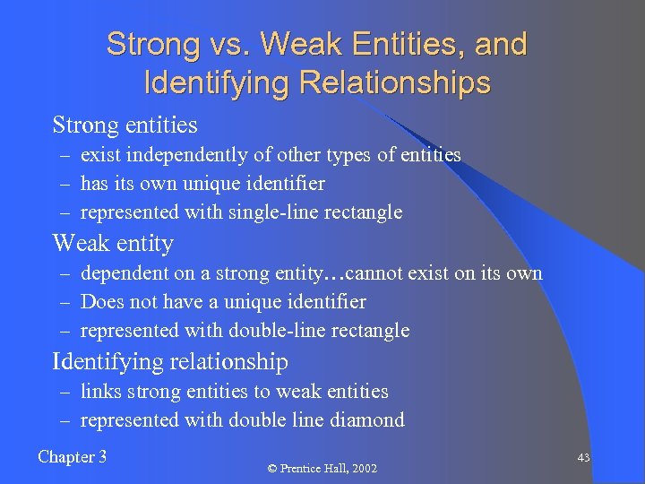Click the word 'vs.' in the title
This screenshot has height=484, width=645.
point(230,44)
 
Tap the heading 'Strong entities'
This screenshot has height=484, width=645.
point(125,124)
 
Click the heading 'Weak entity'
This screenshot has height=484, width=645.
point(113,243)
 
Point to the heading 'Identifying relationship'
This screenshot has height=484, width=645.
point(170,362)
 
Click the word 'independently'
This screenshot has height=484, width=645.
point(187,155)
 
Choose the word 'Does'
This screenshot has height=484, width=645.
point(99,302)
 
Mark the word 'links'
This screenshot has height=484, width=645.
point(99,392)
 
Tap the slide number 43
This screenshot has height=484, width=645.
point(583,458)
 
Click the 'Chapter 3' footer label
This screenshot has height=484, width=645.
point(73,457)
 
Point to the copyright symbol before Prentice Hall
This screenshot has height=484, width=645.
point(273,469)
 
